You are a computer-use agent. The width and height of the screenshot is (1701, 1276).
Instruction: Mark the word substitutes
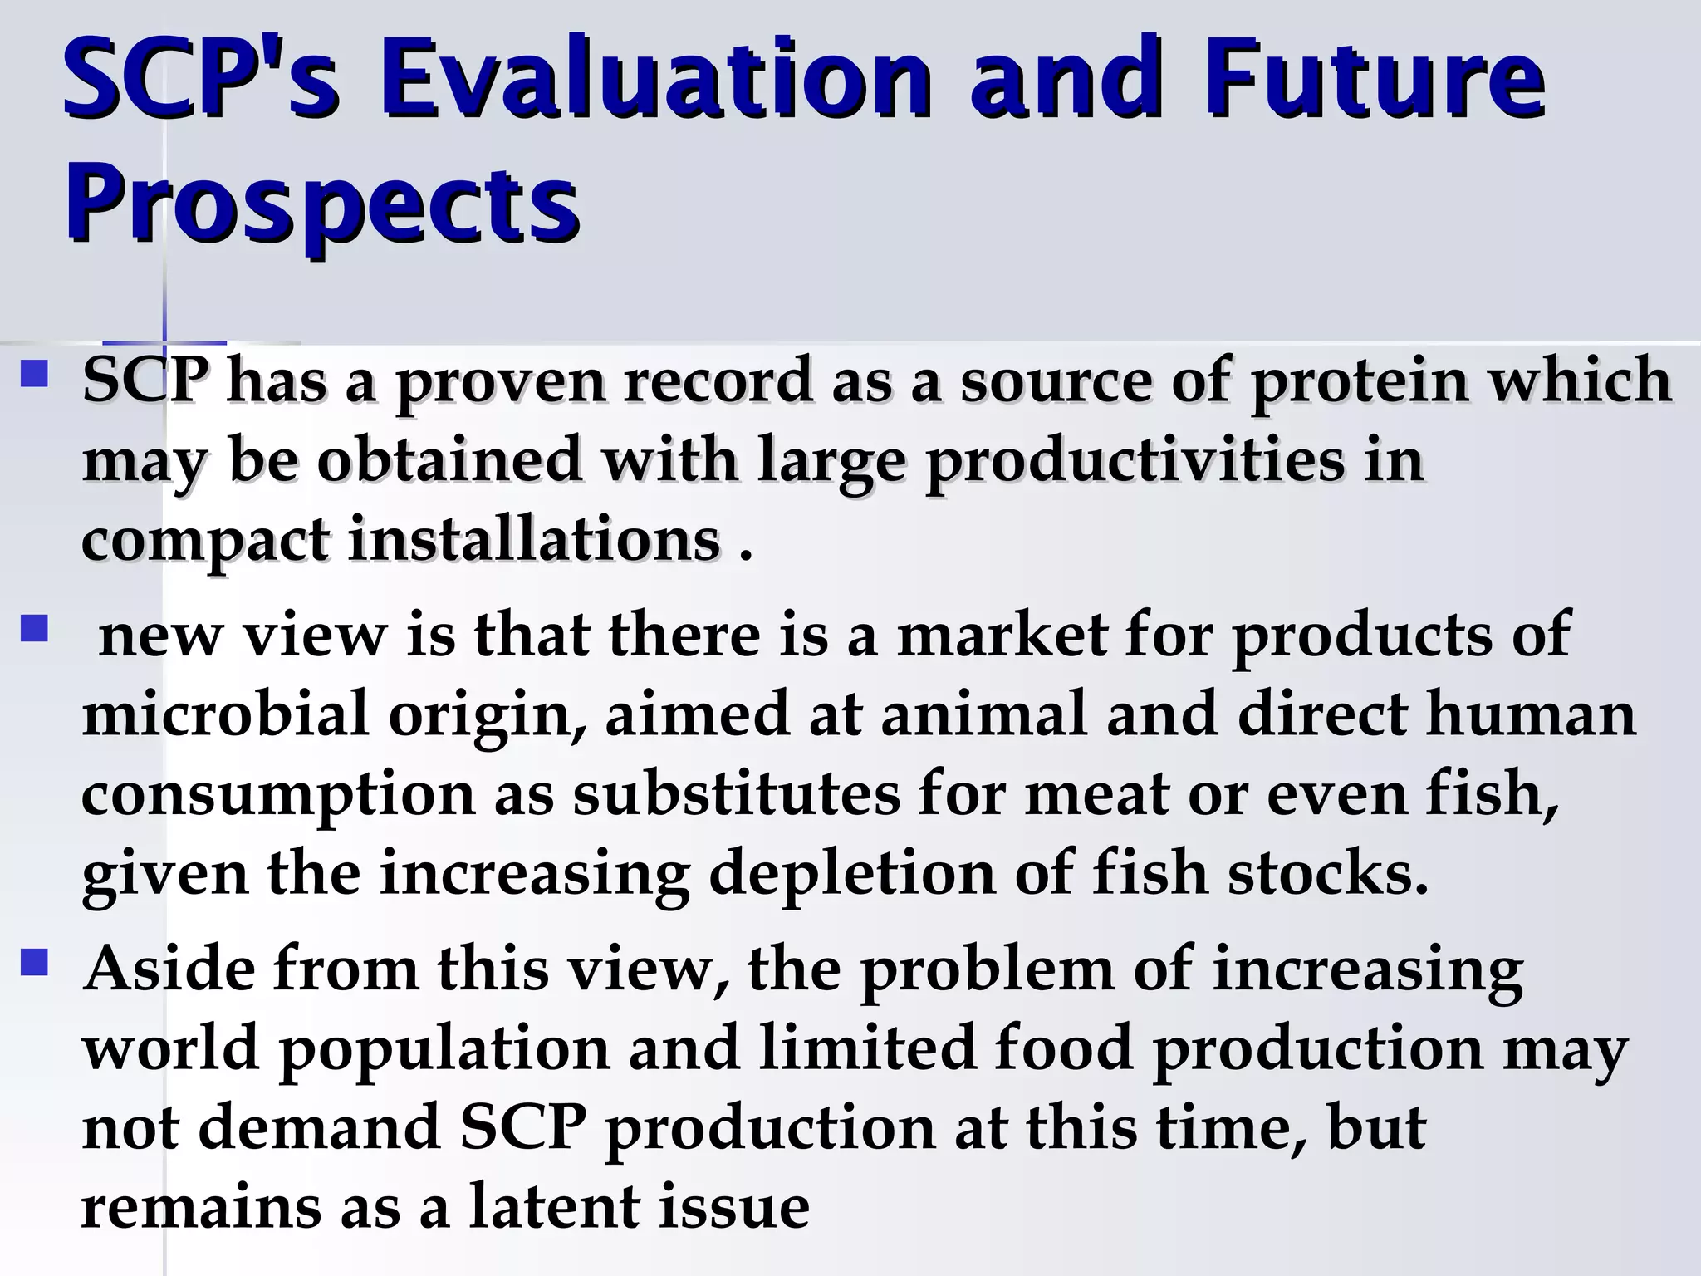pyautogui.click(x=736, y=794)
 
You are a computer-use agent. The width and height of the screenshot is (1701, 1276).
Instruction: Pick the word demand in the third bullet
pyautogui.click(x=320, y=1129)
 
